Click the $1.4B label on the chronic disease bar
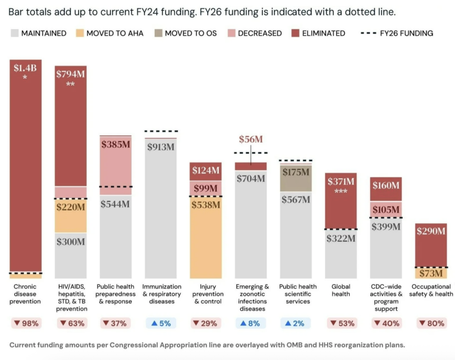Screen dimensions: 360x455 (25, 68)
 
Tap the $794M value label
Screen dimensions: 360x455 (70, 74)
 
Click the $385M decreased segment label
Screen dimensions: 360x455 (116, 144)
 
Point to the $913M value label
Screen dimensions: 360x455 (161, 147)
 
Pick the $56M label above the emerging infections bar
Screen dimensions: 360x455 (251, 139)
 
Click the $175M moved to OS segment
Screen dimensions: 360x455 (296, 172)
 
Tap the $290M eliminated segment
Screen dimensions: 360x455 (430, 231)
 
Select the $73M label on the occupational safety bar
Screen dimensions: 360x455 (430, 273)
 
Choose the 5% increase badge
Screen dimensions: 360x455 (161, 323)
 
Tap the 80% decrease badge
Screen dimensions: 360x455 (430, 323)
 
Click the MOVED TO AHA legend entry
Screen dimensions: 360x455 (109, 33)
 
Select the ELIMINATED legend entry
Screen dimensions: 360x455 (318, 33)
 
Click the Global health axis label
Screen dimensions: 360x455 (341, 290)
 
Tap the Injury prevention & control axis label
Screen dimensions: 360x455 (206, 294)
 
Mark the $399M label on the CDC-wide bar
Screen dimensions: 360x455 (386, 227)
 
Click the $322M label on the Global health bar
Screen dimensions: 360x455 (341, 238)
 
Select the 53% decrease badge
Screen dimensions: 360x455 (341, 323)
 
